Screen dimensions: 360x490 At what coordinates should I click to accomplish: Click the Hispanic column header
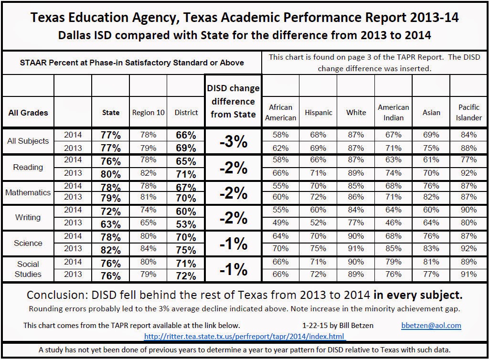point(319,113)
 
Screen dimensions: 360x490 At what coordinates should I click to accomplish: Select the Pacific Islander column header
point(469,113)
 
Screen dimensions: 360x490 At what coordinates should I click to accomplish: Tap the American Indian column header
point(394,113)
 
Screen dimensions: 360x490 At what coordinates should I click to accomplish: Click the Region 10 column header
point(148,113)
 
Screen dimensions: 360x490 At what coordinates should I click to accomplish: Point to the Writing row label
point(28,217)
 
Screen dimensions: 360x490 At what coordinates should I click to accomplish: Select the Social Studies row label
point(28,269)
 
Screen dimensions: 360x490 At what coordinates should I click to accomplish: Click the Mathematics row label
point(28,192)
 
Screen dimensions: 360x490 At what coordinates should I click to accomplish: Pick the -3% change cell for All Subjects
point(233,141)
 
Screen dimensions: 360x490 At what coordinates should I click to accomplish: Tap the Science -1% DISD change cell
point(233,244)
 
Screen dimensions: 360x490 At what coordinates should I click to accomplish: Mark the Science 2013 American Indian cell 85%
point(394,248)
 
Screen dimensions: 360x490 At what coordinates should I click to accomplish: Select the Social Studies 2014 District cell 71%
point(186,264)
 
